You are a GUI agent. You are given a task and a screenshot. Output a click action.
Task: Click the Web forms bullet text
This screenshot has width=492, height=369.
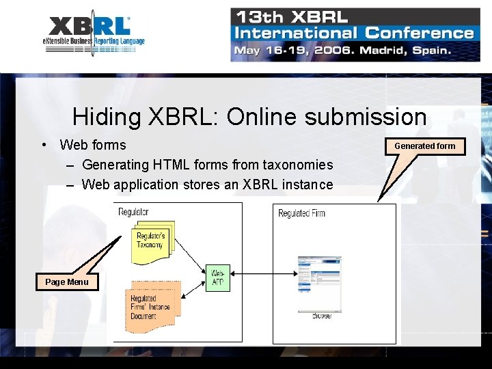93,145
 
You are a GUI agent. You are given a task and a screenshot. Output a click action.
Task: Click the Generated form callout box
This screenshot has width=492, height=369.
424,146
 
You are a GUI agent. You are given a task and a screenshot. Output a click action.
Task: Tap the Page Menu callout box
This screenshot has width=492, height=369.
67,282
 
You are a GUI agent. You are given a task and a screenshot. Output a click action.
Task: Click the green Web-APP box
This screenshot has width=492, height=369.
218,278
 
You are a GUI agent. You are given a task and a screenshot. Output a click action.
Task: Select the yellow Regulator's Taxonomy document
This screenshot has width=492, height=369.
150,241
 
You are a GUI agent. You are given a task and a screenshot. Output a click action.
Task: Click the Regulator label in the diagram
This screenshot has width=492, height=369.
133,212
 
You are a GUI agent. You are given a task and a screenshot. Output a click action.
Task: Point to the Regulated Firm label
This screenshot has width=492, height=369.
301,214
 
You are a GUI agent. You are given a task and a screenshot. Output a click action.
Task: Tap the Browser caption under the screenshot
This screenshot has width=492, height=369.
323,316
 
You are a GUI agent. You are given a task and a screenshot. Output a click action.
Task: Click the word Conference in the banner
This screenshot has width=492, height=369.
419,33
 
